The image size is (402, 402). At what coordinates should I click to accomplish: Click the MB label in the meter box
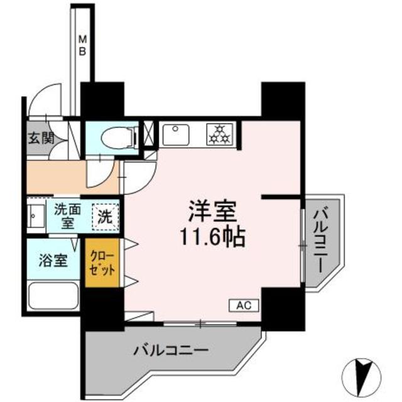pyautogui.click(x=83, y=45)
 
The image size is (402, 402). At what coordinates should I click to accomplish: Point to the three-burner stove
pyautogui.click(x=218, y=133)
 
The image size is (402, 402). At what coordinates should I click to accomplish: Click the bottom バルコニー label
pyautogui.click(x=170, y=349)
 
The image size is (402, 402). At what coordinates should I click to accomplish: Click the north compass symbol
pyautogui.click(x=362, y=375)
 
